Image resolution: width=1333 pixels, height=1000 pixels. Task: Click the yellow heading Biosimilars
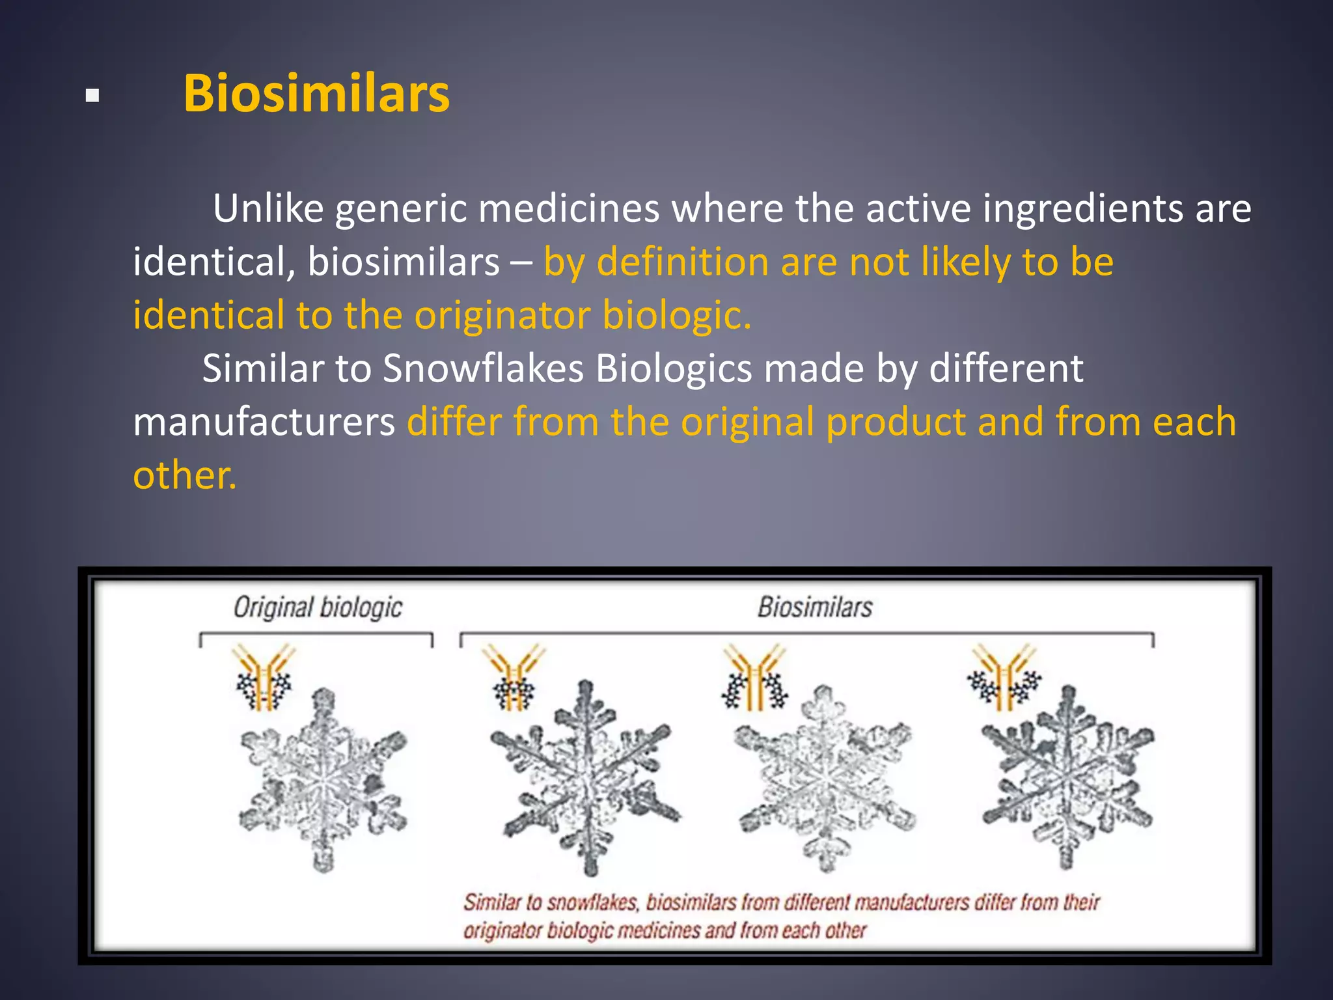316,94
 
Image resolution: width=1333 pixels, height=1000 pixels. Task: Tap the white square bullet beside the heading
92,96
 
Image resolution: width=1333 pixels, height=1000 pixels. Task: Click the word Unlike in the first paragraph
268,209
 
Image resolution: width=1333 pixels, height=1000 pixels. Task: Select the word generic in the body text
401,209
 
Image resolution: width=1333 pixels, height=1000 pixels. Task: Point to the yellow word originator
502,315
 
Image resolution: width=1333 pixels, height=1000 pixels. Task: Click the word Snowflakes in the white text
483,369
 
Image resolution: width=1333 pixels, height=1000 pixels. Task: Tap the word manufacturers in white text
264,423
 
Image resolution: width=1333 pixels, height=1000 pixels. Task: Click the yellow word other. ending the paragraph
185,475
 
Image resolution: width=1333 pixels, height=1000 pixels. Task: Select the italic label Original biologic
318,607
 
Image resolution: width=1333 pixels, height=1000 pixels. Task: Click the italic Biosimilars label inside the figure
815,607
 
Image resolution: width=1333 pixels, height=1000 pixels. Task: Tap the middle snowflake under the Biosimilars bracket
825,777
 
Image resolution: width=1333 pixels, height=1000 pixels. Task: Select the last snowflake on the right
1067,777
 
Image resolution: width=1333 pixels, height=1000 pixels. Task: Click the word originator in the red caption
502,931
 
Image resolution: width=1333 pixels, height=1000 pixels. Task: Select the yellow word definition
683,262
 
